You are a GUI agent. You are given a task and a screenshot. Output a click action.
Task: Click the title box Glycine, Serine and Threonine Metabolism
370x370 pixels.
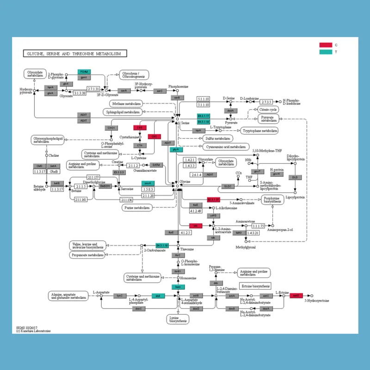tap(74, 54)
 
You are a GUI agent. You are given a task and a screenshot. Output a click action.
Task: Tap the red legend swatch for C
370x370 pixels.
tap(326, 45)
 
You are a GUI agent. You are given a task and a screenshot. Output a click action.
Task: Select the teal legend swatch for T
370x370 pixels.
tap(326, 52)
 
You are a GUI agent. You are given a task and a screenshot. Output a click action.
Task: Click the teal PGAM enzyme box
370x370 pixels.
tap(84, 72)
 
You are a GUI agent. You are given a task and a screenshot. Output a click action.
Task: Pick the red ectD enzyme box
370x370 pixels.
tap(296, 295)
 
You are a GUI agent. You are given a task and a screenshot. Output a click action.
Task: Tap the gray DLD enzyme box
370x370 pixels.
tap(295, 177)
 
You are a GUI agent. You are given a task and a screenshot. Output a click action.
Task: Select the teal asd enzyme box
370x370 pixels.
tap(158, 295)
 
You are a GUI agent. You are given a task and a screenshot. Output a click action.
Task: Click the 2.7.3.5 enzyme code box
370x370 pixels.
tap(266, 102)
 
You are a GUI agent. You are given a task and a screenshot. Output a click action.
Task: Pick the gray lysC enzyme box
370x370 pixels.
tap(119, 295)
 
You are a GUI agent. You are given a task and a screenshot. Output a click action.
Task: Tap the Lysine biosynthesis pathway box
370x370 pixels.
tap(179, 319)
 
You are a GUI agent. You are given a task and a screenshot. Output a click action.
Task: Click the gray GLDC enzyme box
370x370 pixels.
tap(228, 186)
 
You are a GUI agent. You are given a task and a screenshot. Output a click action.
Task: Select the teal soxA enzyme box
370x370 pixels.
tap(148, 183)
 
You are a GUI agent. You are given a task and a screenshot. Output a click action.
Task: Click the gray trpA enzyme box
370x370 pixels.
tap(197, 131)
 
